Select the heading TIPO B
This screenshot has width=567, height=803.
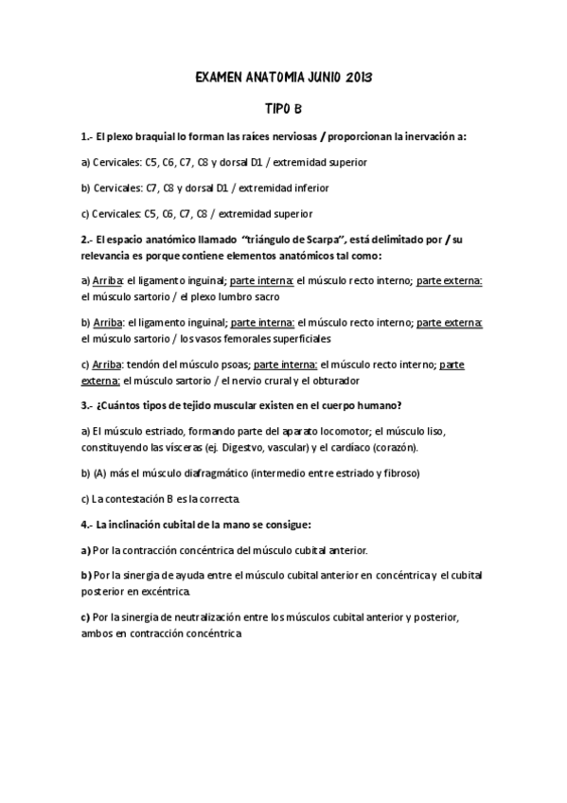tap(283, 109)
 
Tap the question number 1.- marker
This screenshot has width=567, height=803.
tap(86, 137)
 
